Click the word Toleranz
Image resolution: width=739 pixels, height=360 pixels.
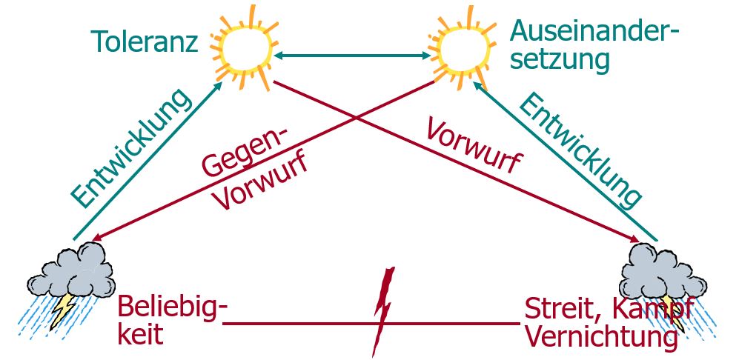coord(145,41)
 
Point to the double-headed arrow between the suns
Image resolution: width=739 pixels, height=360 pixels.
coord(352,55)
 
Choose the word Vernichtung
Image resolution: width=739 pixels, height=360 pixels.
coord(600,337)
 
